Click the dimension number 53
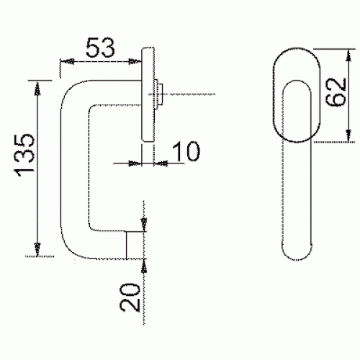[100, 48]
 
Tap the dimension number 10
[185, 151]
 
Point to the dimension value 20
[130, 297]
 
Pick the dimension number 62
[336, 92]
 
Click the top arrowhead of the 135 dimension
[37, 89]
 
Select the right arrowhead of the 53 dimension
[135, 61]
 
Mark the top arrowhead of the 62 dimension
[349, 55]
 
